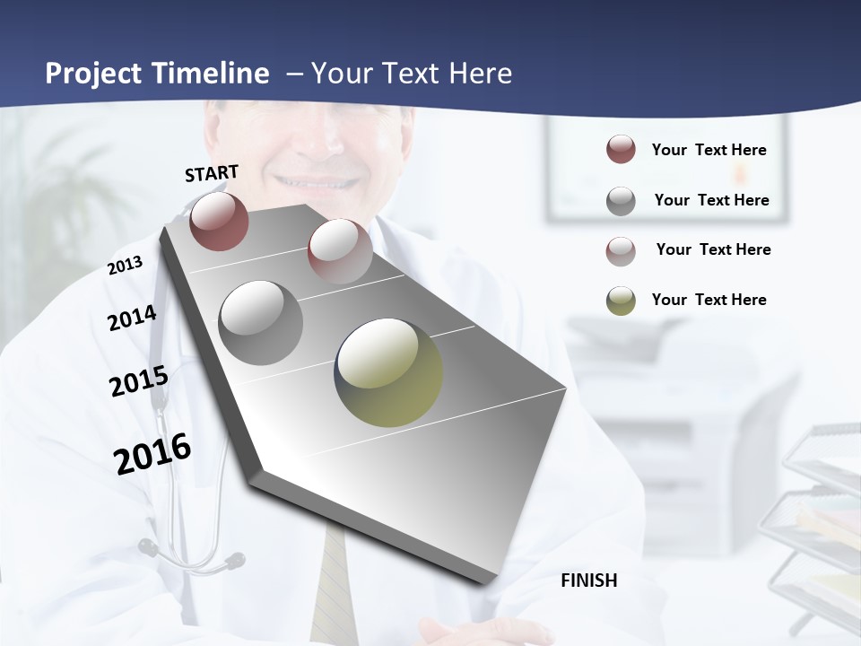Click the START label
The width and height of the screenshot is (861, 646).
(212, 173)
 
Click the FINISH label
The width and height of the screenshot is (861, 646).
(589, 581)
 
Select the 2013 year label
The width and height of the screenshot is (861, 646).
(126, 266)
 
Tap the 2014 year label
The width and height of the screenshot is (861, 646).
(132, 318)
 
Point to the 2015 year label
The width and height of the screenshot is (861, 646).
(139, 380)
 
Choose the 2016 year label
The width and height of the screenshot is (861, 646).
(152, 453)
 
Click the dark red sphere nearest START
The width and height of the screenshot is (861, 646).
(219, 221)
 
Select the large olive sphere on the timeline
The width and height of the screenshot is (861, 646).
(388, 372)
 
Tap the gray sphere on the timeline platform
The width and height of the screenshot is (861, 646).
(261, 322)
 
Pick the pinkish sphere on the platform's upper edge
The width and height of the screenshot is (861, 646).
(340, 250)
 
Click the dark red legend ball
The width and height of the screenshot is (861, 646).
(621, 150)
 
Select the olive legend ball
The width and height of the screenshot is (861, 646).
(621, 301)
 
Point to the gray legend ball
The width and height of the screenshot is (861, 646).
(621, 201)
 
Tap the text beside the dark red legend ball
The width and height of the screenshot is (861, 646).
(709, 150)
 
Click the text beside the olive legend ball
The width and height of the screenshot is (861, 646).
(709, 300)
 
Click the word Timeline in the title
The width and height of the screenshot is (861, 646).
(210, 74)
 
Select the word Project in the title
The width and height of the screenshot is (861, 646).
(92, 74)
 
